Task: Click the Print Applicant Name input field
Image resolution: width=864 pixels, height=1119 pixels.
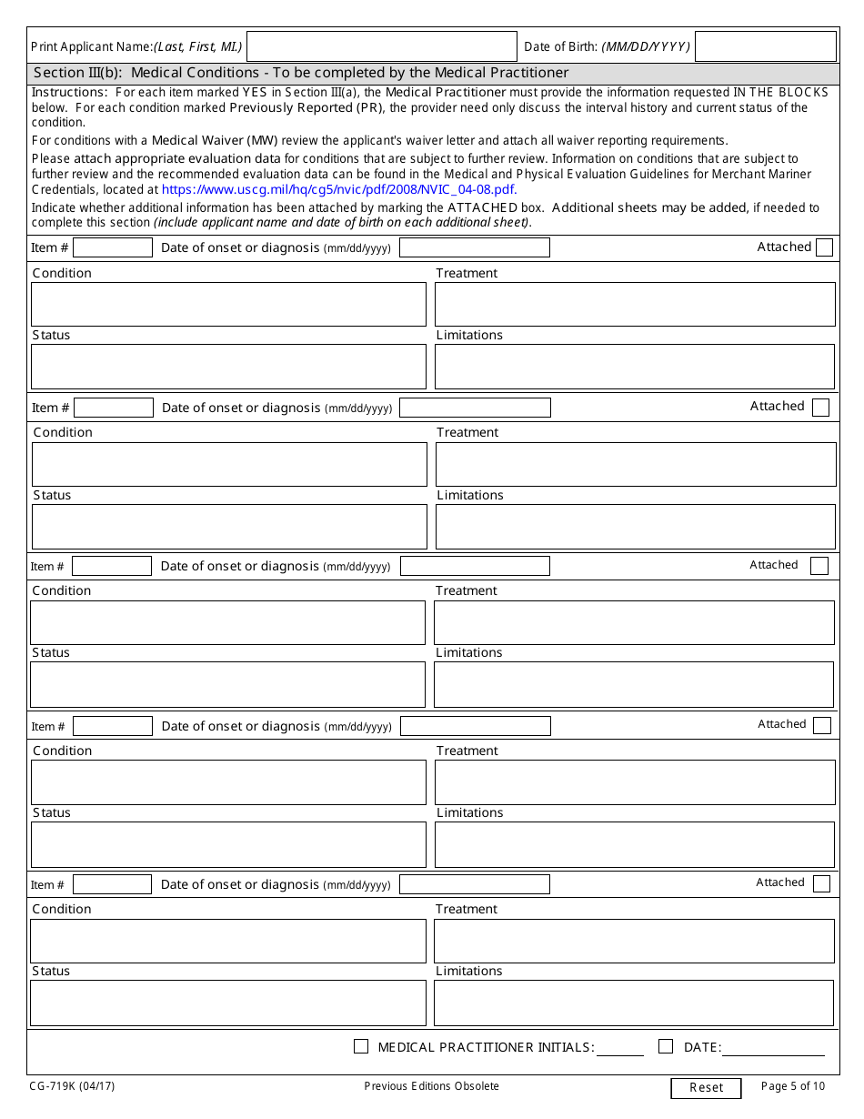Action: click(381, 46)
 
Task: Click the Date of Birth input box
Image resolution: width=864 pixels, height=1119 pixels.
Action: click(765, 46)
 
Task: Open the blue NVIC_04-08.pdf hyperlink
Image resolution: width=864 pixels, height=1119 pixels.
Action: click(339, 189)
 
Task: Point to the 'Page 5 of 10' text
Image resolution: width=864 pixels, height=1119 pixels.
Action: click(792, 1086)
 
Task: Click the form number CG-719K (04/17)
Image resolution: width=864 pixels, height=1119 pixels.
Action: click(72, 1086)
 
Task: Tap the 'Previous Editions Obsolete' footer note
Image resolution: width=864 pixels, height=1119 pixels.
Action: click(431, 1086)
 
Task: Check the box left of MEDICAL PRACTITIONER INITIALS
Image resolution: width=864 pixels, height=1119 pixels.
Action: click(361, 1046)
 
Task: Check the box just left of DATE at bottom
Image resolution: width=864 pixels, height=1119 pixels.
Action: click(666, 1046)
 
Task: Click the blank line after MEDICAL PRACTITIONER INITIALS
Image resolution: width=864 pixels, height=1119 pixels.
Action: click(619, 1048)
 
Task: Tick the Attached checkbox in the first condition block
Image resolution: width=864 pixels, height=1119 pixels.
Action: click(824, 247)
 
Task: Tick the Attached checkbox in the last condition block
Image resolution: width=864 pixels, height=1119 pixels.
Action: click(821, 883)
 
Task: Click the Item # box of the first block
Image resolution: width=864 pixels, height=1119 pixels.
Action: click(113, 247)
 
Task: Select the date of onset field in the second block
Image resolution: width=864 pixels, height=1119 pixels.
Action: click(475, 408)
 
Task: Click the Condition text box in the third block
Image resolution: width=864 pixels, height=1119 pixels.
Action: click(227, 622)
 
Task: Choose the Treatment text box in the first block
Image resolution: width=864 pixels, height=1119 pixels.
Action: click(634, 304)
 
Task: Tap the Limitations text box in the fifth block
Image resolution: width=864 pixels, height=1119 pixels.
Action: click(633, 1003)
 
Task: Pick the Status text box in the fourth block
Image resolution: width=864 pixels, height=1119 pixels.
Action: click(228, 844)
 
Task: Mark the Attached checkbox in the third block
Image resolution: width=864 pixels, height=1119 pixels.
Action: click(819, 566)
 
